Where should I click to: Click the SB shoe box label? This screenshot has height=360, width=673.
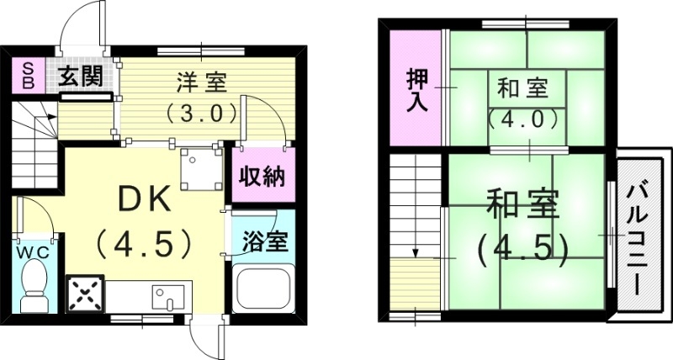pyautogui.click(x=28, y=77)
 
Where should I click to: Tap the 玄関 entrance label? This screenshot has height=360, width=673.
pyautogui.click(x=80, y=77)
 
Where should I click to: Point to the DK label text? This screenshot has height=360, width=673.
pyautogui.click(x=144, y=200)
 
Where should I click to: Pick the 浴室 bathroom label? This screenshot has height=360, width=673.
pyautogui.click(x=263, y=241)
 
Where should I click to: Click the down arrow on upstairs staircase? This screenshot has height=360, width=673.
pyautogui.click(x=416, y=250)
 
